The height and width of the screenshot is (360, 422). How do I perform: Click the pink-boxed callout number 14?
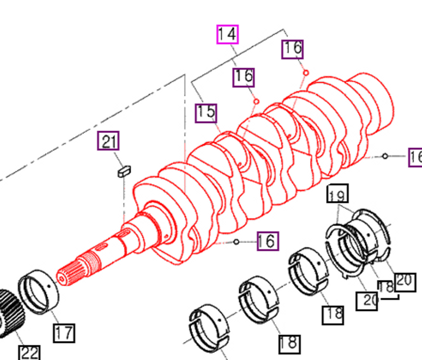click(x=227, y=34)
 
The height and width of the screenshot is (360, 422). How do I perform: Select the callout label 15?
click(x=206, y=113)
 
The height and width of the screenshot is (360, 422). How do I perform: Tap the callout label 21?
click(x=108, y=141)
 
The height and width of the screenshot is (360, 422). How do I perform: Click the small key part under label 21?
click(x=124, y=171)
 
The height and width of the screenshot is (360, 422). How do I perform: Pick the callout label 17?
click(x=64, y=333)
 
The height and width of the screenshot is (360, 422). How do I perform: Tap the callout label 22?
click(x=30, y=353)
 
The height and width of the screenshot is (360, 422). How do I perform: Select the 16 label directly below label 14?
click(x=243, y=77)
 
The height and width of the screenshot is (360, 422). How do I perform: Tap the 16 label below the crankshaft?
click(x=268, y=241)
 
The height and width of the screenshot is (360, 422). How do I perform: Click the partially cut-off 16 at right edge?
click(x=415, y=157)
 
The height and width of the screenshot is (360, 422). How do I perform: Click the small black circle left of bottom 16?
click(x=236, y=242)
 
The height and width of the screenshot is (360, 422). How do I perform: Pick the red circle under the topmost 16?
click(x=306, y=73)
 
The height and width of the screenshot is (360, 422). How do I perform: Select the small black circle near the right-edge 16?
click(x=385, y=156)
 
